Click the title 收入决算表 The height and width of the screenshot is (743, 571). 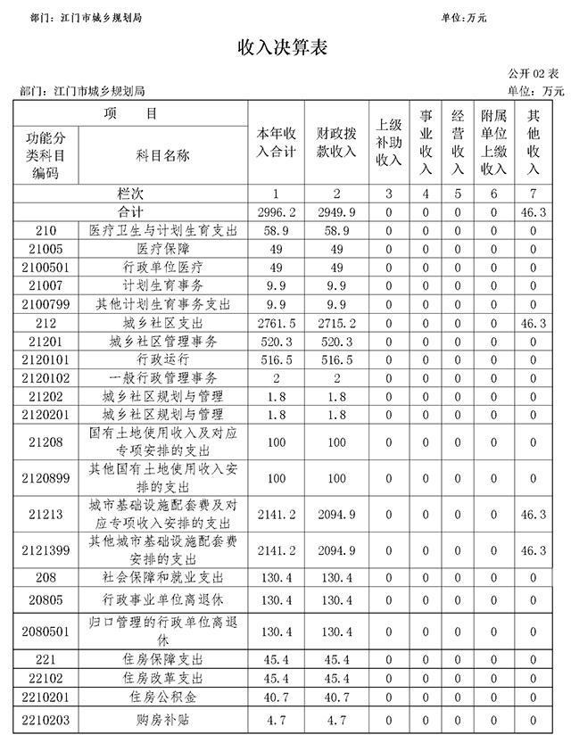[283, 47]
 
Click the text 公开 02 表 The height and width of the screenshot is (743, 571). [533, 74]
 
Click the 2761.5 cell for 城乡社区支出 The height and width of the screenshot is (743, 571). [276, 323]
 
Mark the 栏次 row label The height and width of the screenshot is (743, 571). [130, 194]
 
